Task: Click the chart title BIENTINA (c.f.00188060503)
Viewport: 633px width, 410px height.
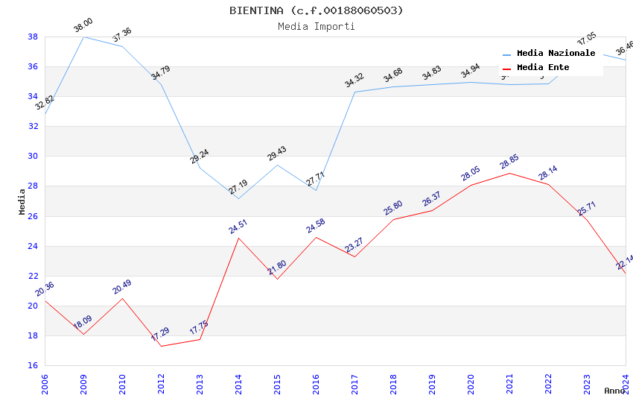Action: pyautogui.click(x=316, y=10)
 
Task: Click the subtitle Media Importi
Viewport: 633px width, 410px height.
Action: pyautogui.click(x=316, y=26)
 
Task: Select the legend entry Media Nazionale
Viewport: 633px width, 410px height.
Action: pyautogui.click(x=556, y=54)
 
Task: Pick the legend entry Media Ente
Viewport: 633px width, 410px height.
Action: pyautogui.click(x=543, y=68)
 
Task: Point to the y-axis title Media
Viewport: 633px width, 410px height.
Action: pyautogui.click(x=22, y=201)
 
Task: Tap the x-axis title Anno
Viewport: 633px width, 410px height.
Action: pyautogui.click(x=614, y=391)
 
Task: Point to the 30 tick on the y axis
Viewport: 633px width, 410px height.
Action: pyautogui.click(x=34, y=157)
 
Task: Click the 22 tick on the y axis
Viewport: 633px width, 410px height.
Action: pyautogui.click(x=34, y=276)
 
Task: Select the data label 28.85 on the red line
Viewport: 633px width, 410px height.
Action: pyautogui.click(x=509, y=163)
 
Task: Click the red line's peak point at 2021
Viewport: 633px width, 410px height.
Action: pyautogui.click(x=509, y=173)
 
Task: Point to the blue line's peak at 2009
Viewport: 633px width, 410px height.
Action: pyautogui.click(x=83, y=37)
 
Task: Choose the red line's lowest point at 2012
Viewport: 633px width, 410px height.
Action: pyautogui.click(x=161, y=346)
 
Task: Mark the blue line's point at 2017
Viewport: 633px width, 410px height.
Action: pyautogui.click(x=354, y=92)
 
